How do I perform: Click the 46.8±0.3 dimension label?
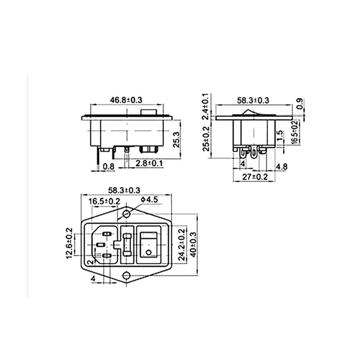tap(126, 100)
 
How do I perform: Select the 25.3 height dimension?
tap(176, 139)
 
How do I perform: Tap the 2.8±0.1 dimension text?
tap(149, 163)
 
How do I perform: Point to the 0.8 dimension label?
tap(108, 166)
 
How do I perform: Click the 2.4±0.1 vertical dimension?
tap(206, 106)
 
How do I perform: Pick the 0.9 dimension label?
tap(300, 104)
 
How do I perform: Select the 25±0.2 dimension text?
tap(206, 139)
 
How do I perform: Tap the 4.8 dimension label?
tap(282, 166)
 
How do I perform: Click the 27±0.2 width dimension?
tap(255, 177)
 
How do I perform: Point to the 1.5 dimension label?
tap(280, 136)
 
